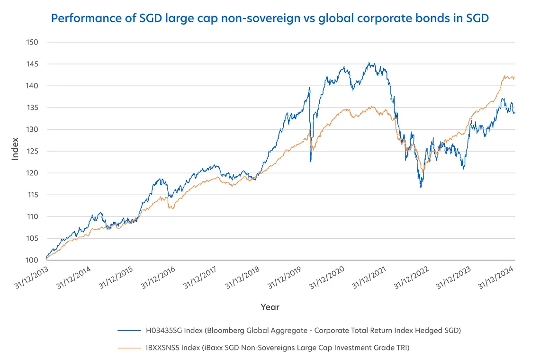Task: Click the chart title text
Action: coord(270,18)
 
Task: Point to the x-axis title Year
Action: coord(270,307)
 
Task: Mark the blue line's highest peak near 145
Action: coord(369,63)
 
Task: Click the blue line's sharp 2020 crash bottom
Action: coord(310,162)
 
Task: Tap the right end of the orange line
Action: coord(515,77)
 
